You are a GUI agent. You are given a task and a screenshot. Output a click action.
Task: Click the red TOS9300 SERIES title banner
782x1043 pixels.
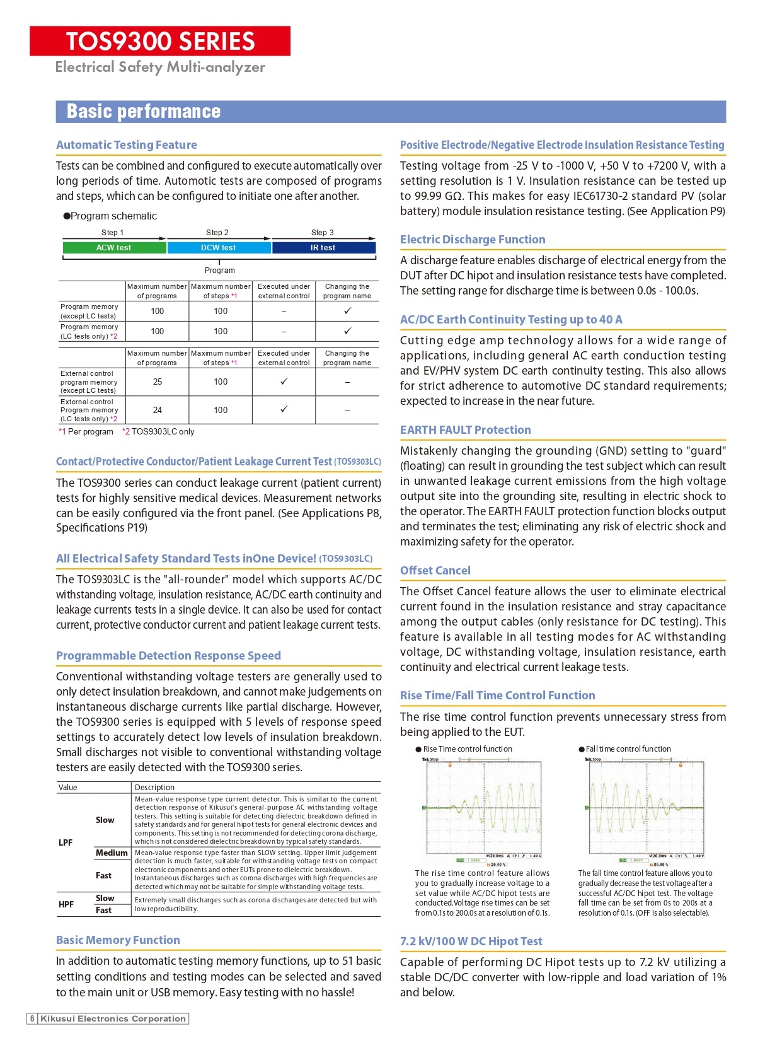click(x=160, y=41)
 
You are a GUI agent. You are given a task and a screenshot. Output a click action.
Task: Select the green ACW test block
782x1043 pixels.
click(x=114, y=248)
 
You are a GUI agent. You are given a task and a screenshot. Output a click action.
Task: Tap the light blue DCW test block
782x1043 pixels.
click(x=219, y=248)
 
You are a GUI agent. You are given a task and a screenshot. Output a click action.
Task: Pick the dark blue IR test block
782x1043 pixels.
click(x=323, y=248)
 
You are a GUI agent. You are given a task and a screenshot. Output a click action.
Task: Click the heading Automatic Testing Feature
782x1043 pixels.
click(x=127, y=145)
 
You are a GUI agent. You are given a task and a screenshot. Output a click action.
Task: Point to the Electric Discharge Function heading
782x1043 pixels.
click(x=473, y=240)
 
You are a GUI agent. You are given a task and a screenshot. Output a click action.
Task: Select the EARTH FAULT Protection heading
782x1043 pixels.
click(x=465, y=430)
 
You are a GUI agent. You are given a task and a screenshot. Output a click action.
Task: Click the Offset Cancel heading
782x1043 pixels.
click(x=435, y=571)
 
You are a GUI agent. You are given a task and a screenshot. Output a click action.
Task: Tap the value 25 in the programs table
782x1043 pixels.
click(x=158, y=382)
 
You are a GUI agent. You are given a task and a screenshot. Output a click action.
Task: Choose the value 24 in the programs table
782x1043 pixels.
click(x=158, y=410)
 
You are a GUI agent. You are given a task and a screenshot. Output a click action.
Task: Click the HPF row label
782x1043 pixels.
click(x=66, y=904)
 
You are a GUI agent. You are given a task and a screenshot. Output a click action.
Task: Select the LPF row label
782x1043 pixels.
click(x=66, y=842)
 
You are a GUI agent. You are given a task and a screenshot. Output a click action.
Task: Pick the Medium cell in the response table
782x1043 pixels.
click(x=112, y=853)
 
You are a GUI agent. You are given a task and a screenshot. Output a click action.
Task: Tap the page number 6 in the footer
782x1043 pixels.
click(x=32, y=1018)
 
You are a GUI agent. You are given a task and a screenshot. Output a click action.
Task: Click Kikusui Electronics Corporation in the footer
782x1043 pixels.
click(x=113, y=1018)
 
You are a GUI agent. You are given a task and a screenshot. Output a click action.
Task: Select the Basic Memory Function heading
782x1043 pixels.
click(x=118, y=940)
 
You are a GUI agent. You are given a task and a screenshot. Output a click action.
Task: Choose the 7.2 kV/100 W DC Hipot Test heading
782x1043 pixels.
click(x=471, y=941)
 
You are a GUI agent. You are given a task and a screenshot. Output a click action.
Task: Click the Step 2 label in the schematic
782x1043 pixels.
click(x=217, y=233)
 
